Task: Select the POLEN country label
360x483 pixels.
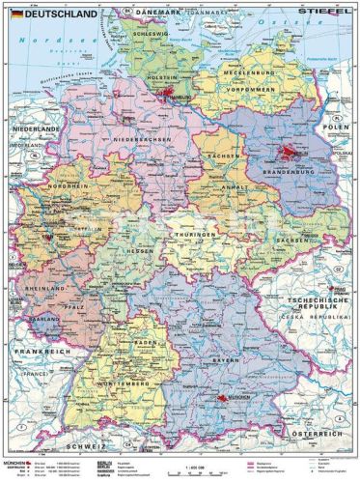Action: tap(338, 127)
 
